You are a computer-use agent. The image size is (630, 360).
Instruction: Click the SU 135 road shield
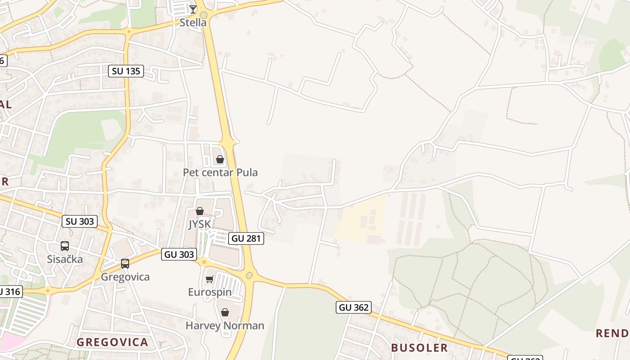click(x=126, y=71)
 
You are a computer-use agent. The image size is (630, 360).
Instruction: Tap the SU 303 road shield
click(x=80, y=221)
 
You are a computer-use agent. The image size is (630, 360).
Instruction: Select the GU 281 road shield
click(x=246, y=238)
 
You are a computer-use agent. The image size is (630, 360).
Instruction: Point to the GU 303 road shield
click(x=180, y=254)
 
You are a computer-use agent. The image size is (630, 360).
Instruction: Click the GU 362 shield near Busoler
click(x=353, y=307)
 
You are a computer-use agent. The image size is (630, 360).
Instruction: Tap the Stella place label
click(x=193, y=22)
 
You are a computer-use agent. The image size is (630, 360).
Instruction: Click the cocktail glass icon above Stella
click(x=193, y=9)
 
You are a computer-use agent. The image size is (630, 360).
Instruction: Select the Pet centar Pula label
click(x=220, y=172)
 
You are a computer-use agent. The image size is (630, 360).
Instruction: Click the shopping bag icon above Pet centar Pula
click(x=220, y=159)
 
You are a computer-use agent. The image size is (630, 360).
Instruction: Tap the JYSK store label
click(x=200, y=224)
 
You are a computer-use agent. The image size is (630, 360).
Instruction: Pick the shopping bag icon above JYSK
click(x=200, y=211)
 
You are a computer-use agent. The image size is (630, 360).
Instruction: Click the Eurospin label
click(x=210, y=292)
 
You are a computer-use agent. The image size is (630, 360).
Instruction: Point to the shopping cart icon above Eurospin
click(x=209, y=279)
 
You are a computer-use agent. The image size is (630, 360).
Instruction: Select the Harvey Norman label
click(x=225, y=325)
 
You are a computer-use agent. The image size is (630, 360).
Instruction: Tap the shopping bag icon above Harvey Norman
click(x=225, y=312)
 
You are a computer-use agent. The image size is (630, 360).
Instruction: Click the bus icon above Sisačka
click(x=65, y=246)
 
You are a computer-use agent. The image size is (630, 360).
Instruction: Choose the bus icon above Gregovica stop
click(x=125, y=264)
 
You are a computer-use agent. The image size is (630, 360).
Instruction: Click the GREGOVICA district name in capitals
click(x=112, y=342)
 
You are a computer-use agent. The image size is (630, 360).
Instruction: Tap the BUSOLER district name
click(x=419, y=347)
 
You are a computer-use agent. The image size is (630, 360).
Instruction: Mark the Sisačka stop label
click(x=65, y=259)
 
